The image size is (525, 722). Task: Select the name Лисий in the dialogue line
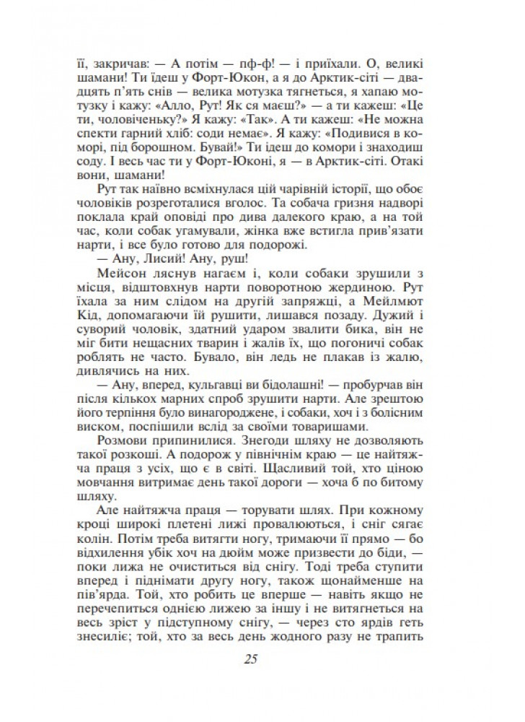(x=151, y=254)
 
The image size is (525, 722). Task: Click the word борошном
(x=159, y=150)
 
